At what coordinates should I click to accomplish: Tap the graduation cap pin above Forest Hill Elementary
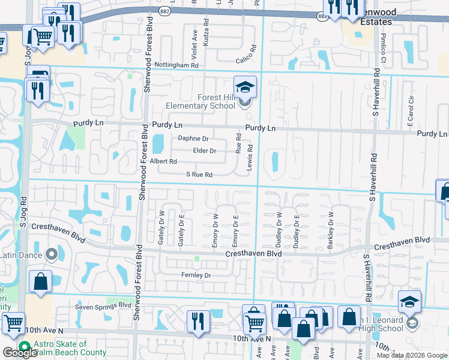click(246, 87)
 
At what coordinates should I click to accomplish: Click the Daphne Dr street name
click(193, 138)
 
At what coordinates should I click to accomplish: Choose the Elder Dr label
click(204, 151)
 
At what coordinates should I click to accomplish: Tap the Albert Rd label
click(163, 161)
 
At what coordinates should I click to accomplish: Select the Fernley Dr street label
click(196, 275)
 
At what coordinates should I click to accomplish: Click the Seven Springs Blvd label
click(103, 305)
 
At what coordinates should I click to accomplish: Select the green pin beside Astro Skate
click(25, 346)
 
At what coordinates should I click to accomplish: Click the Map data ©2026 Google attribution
click(412, 355)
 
